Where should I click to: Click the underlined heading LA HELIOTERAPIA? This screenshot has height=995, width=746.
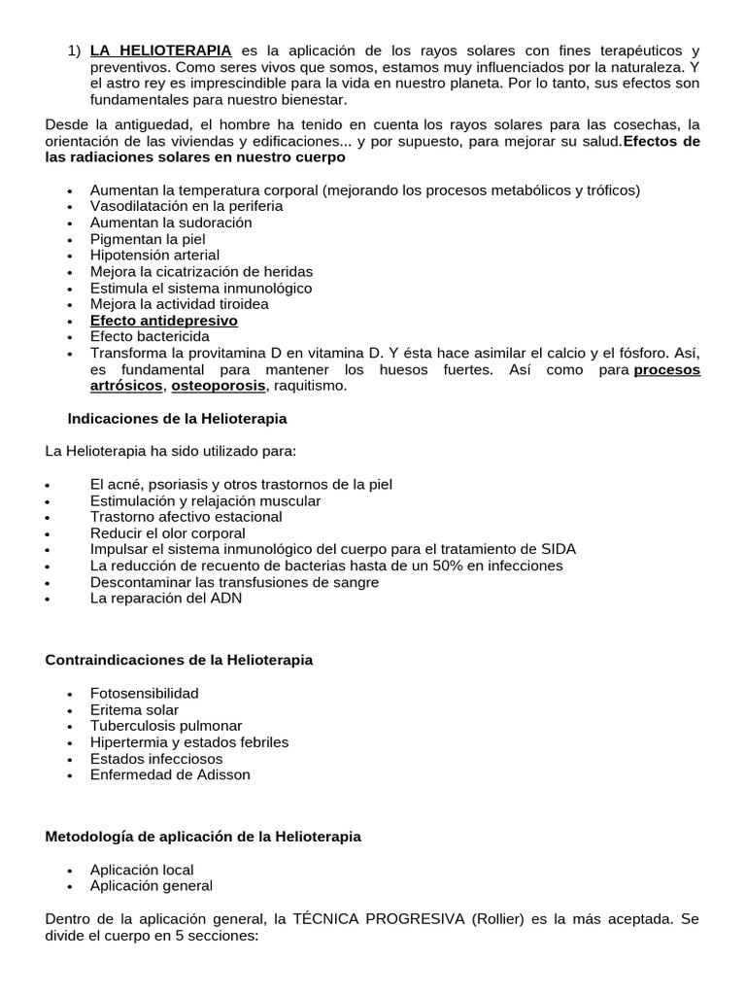click(160, 50)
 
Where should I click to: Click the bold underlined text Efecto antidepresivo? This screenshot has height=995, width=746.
click(163, 321)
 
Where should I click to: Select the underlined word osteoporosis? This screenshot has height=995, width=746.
click(218, 386)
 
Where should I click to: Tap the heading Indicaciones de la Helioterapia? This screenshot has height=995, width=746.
click(177, 419)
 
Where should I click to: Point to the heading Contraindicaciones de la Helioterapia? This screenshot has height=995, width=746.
click(180, 660)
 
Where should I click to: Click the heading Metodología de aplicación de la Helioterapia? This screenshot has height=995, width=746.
click(203, 837)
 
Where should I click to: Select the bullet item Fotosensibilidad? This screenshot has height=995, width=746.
click(144, 693)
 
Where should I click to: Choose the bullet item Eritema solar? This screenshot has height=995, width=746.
click(134, 709)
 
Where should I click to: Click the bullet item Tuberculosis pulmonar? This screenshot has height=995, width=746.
click(166, 726)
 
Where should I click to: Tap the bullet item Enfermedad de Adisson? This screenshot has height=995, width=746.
click(170, 774)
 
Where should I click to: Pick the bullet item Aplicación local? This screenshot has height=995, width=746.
click(142, 870)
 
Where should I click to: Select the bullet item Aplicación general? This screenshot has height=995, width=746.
click(151, 886)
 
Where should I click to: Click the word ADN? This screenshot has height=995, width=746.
click(225, 599)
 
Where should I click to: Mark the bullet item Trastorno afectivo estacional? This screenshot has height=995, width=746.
click(186, 517)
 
